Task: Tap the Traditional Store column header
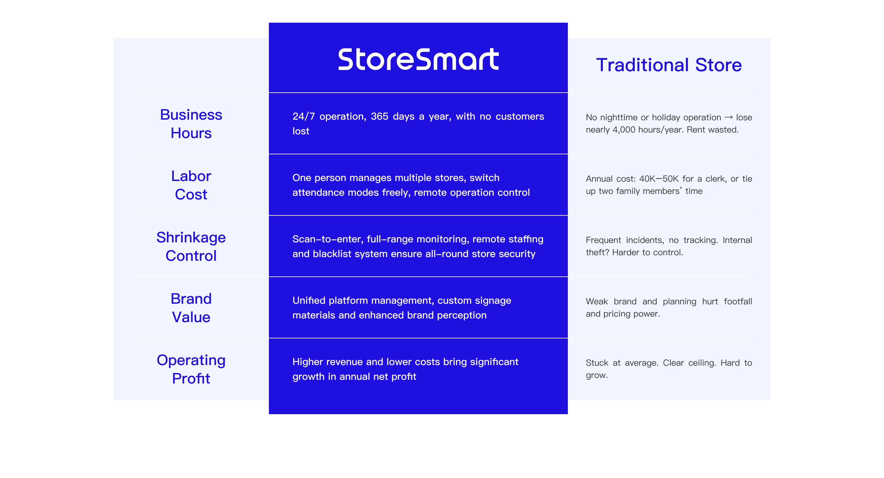[669, 65]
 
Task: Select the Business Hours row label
[191, 124]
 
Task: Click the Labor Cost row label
[191, 185]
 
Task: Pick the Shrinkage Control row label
[191, 247]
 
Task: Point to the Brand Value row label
[191, 308]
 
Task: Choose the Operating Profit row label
[191, 369]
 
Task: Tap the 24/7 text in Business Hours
[303, 117]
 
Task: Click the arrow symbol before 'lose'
[729, 118]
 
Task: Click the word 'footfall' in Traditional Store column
[738, 301]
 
